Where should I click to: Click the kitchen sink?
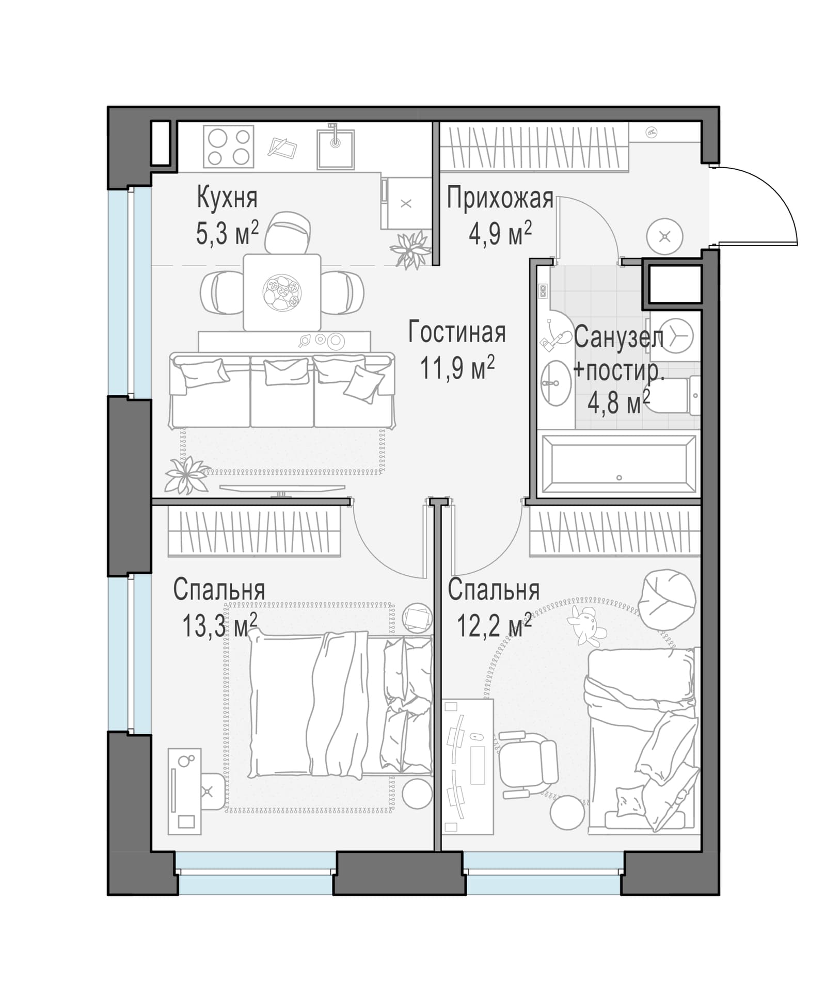[x=336, y=149]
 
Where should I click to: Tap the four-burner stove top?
[x=228, y=147]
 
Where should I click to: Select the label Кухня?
[x=227, y=199]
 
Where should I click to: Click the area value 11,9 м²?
[x=457, y=368]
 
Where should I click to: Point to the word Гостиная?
[x=457, y=332]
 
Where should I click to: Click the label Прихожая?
[x=500, y=198]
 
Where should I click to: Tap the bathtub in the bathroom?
[x=618, y=465]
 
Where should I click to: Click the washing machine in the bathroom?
[x=675, y=335]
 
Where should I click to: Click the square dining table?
[x=282, y=292]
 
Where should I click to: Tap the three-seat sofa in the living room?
[x=282, y=390]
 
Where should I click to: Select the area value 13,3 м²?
[x=219, y=625]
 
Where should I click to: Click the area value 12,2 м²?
[x=494, y=625]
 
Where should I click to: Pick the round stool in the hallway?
[x=665, y=237]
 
